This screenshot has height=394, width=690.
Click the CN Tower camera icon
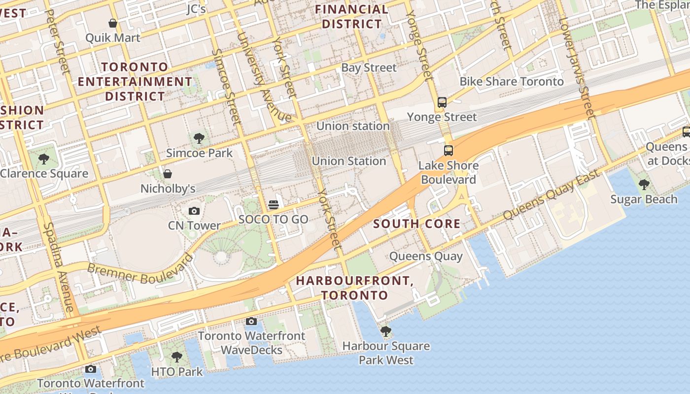[194, 211]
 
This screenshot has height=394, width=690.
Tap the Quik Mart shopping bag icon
[113, 23]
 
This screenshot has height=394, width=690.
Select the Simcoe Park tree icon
[199, 138]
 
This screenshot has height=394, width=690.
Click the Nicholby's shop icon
[168, 174]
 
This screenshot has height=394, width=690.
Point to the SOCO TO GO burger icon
[274, 205]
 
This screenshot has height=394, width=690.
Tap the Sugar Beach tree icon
[644, 185]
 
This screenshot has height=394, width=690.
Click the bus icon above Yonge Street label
[442, 102]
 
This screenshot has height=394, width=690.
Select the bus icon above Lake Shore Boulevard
[448, 151]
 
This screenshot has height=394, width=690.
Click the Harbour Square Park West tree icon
[386, 331]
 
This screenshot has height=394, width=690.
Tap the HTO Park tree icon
[176, 357]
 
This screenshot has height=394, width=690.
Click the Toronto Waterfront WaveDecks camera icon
[251, 322]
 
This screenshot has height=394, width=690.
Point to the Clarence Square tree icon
[44, 159]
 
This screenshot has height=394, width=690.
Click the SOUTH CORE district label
[416, 224]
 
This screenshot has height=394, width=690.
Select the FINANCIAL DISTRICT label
[351, 17]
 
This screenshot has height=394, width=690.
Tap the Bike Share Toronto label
[512, 82]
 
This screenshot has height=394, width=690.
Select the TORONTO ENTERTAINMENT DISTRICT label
[135, 81]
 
